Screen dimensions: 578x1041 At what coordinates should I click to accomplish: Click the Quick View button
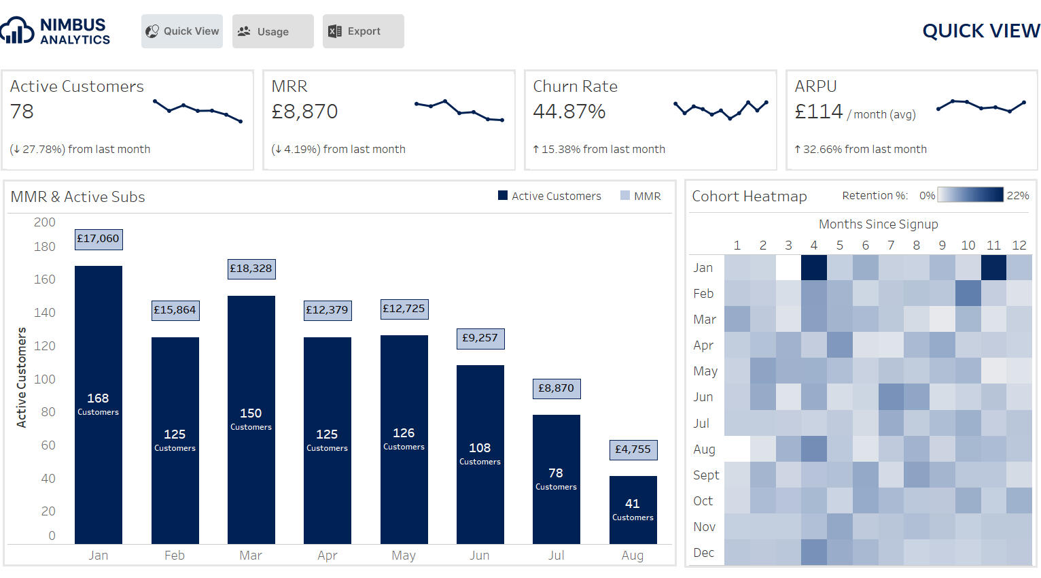[x=182, y=31]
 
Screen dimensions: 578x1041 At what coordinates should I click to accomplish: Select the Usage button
[x=272, y=31]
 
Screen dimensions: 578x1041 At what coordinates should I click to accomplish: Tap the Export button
[x=363, y=31]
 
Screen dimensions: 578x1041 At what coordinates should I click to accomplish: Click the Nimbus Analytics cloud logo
[x=18, y=31]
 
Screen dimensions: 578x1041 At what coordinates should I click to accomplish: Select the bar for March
[x=251, y=419]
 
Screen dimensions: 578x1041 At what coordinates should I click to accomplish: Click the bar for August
[x=633, y=509]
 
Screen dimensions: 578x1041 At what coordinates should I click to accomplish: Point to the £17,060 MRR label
[x=98, y=239]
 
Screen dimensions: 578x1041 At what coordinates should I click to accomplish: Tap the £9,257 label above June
[x=480, y=338]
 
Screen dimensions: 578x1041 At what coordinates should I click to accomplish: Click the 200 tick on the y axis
[x=45, y=222]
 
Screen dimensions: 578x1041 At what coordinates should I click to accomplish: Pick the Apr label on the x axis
[x=327, y=556]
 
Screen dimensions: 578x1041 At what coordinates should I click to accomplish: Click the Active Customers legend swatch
[x=503, y=196]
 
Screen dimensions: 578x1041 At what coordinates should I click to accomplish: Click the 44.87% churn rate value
[x=569, y=112]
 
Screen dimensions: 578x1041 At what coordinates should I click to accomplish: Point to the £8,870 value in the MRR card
[x=304, y=112]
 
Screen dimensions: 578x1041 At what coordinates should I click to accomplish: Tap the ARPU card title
[x=815, y=86]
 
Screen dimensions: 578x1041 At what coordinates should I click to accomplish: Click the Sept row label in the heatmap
[x=705, y=475]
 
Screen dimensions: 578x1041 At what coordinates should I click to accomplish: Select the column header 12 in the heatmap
[x=1019, y=245]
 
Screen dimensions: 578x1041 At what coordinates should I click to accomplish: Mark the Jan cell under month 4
[x=814, y=267]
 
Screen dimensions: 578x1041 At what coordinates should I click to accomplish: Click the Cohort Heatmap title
[x=749, y=197]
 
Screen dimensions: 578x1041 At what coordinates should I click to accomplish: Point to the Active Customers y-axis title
[x=22, y=377]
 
